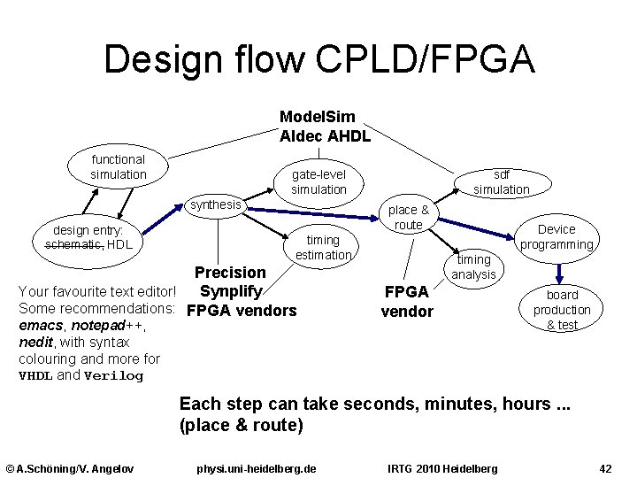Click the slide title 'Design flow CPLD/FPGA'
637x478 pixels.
coord(318,60)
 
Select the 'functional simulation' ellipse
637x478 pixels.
coord(119,166)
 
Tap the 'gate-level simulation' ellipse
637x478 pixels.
coord(318,181)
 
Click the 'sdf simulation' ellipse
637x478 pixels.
coord(501,182)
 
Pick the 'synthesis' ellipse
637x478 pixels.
coord(216,205)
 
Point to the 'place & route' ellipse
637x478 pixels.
coord(408,217)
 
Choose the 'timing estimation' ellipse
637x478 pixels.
coord(323,247)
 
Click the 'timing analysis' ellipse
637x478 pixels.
coord(473,266)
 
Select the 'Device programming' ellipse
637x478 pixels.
coord(556,236)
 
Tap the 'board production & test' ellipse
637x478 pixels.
coord(561,309)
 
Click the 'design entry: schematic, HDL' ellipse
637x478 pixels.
coord(94,236)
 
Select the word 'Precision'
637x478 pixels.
coord(230,273)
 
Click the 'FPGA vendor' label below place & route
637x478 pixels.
coord(407,301)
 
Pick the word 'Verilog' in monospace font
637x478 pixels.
coord(113,375)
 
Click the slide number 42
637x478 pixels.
coord(606,467)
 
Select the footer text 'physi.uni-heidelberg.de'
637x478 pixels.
coord(257,467)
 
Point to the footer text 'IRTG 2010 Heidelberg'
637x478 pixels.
coord(443,467)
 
